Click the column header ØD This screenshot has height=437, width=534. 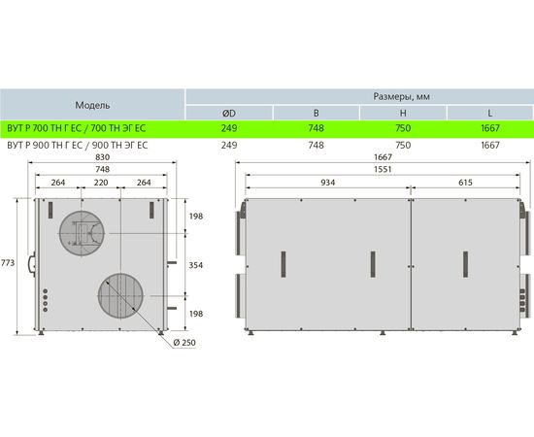pos(229,113)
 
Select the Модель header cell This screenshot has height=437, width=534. pos(92,105)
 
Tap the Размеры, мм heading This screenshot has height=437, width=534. pos(402,96)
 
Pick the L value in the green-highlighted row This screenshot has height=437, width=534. pos(490,128)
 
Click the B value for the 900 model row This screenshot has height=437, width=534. pos(317,145)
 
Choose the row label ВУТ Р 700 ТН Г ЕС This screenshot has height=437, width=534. pos(45,128)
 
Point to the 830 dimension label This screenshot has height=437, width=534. pos(103,157)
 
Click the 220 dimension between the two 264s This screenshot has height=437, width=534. pos(101,183)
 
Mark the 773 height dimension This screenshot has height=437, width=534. pos(8,262)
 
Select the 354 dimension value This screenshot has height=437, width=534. pos(196,265)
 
